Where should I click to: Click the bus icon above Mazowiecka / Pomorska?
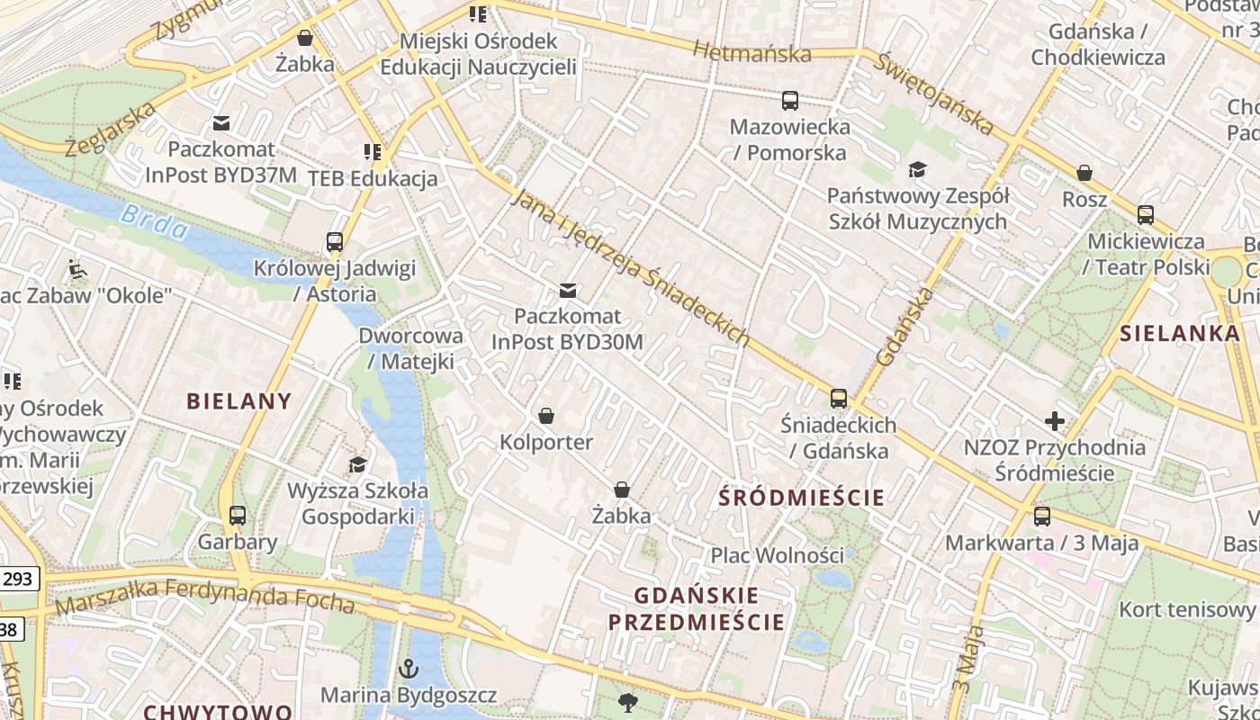790,101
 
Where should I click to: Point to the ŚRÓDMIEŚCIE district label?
802,497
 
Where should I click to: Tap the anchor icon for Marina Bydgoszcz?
409,669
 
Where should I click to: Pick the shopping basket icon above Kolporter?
545,416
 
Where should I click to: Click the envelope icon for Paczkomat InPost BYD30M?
568,291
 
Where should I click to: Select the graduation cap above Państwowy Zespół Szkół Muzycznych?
917,169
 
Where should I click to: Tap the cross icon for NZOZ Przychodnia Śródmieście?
1054,421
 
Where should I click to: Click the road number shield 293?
18,579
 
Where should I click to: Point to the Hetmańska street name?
751,53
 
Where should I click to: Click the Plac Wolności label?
778,555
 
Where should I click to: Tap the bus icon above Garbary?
238,516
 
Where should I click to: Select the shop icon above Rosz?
1084,173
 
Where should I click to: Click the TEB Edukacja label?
373,178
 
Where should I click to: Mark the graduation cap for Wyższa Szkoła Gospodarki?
357,465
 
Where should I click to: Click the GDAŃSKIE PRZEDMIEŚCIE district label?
696,608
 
